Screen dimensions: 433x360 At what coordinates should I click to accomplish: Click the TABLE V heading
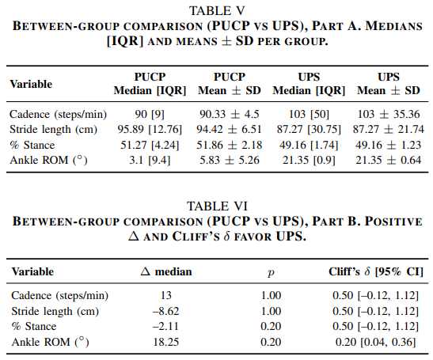pyautogui.click(x=217, y=11)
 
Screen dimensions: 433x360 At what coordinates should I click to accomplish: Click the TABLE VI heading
pyautogui.click(x=217, y=207)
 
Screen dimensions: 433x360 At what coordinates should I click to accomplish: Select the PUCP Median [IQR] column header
pyautogui.click(x=150, y=84)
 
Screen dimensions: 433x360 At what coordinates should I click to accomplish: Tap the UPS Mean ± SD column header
pyautogui.click(x=389, y=84)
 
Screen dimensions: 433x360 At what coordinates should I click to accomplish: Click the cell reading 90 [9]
pyautogui.click(x=150, y=114)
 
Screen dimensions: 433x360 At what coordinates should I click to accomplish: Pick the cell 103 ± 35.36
pyautogui.click(x=389, y=114)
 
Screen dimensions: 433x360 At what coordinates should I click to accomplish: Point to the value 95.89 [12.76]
pyautogui.click(x=150, y=130)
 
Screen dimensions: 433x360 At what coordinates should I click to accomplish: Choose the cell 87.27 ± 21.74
pyautogui.click(x=389, y=130)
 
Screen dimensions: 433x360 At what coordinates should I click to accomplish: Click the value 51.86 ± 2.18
pyautogui.click(x=230, y=145)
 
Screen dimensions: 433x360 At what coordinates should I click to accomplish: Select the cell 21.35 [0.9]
pyautogui.click(x=309, y=160)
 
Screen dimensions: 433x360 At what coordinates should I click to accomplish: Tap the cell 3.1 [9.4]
pyautogui.click(x=150, y=160)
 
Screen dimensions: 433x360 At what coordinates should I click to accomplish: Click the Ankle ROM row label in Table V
pyautogui.click(x=48, y=160)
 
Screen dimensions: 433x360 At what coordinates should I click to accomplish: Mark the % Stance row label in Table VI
pyautogui.click(x=34, y=326)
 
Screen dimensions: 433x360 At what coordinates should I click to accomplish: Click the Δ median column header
pyautogui.click(x=166, y=271)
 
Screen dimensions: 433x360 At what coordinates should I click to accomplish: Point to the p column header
pyautogui.click(x=271, y=273)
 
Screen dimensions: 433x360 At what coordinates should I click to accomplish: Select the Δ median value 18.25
pyautogui.click(x=166, y=342)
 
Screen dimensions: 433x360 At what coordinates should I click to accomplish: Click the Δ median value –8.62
pyautogui.click(x=166, y=311)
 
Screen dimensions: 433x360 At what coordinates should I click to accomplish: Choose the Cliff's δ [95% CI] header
pyautogui.click(x=376, y=272)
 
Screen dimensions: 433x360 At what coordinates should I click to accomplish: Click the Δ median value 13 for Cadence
pyautogui.click(x=166, y=296)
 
